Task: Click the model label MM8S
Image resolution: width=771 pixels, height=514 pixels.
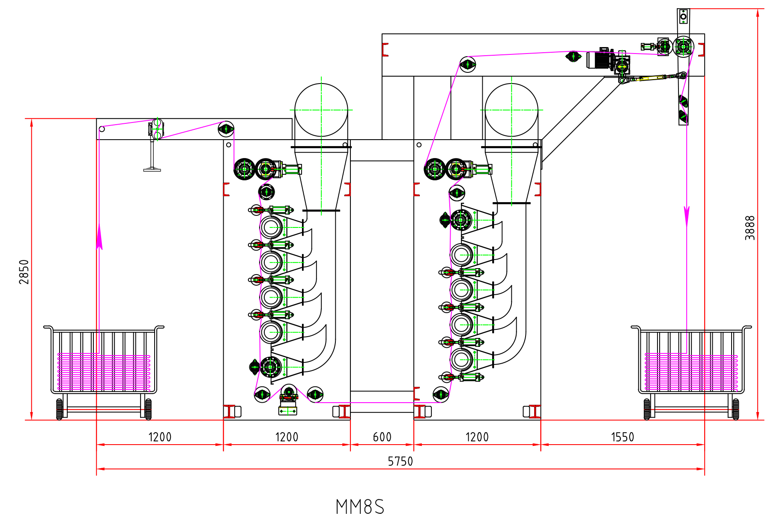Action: point(360,506)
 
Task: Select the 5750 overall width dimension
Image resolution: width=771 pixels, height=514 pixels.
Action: point(400,461)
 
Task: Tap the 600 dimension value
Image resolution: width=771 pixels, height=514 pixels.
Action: point(382,437)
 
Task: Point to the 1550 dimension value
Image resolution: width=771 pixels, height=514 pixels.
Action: point(622,437)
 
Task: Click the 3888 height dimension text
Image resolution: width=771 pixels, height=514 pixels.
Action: point(750,227)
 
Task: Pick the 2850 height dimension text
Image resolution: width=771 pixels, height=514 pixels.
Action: point(24,272)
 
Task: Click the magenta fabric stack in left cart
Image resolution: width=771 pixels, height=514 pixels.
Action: point(104,372)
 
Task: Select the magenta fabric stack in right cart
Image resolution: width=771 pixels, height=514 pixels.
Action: point(691,372)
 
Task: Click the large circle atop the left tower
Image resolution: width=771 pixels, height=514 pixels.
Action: point(321,110)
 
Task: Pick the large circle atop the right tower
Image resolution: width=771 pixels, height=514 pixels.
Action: point(511,110)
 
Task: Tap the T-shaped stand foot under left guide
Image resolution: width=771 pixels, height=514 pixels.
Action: point(152,169)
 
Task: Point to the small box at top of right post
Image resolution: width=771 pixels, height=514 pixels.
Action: point(683,16)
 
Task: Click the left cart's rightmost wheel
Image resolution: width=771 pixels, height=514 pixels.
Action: point(148,409)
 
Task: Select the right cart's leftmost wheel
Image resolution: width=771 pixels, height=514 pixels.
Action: point(647,409)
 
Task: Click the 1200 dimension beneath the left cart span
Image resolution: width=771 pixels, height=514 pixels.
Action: point(160,437)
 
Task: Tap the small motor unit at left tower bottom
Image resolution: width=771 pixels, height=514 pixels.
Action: point(288,398)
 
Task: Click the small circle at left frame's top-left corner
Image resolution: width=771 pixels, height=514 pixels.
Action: point(102,129)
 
